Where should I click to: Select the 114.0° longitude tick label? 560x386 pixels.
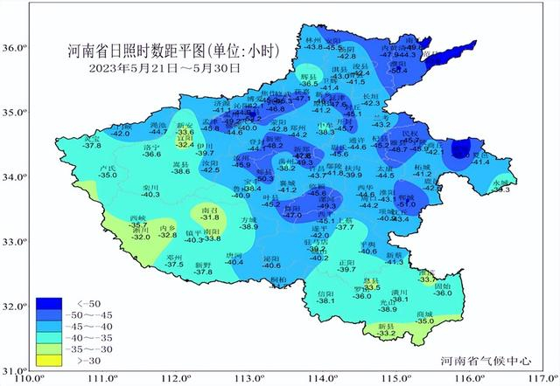pyautogui.click(x=327, y=377)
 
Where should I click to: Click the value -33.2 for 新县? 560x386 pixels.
pyautogui.click(x=387, y=333)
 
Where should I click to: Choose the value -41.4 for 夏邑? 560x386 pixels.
pyautogui.click(x=481, y=162)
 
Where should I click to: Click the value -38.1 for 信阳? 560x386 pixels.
pyautogui.click(x=325, y=301)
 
